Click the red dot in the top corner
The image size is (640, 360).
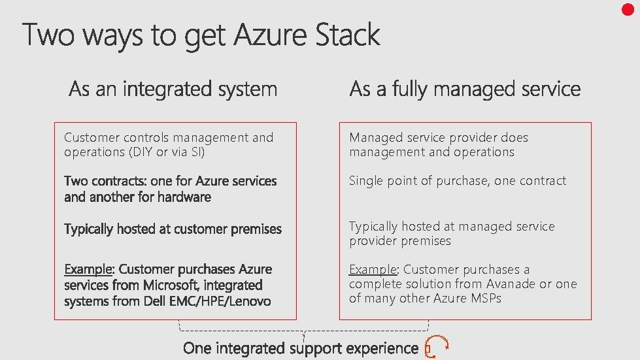click(628, 9)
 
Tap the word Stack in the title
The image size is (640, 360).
click(348, 35)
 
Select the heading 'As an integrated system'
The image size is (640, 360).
click(173, 89)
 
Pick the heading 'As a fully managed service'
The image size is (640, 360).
click(465, 89)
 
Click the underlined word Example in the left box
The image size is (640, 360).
click(88, 269)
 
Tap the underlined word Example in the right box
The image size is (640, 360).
click(373, 269)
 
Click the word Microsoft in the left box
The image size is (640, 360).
click(167, 285)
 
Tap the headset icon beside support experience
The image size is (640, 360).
click(437, 347)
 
